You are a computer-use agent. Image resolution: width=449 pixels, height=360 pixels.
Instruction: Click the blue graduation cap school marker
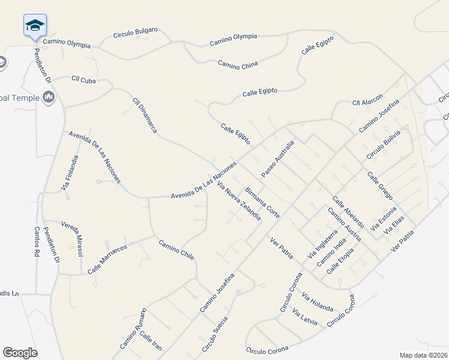coord(35,26)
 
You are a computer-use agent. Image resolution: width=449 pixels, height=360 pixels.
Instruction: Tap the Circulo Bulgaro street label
coord(136,32)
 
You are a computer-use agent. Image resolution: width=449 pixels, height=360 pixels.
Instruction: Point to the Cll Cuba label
coord(83,79)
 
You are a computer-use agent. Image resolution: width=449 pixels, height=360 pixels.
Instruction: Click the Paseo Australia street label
coord(278,159)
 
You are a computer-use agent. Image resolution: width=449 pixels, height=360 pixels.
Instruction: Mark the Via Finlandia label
coord(70,173)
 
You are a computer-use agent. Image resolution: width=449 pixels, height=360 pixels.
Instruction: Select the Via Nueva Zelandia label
coord(239,200)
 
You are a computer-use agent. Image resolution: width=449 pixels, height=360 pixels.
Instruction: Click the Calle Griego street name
coord(380,187)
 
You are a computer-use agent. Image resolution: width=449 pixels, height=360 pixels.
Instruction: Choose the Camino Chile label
coord(176,250)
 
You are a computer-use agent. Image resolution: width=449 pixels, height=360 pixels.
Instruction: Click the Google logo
coord(20,353)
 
